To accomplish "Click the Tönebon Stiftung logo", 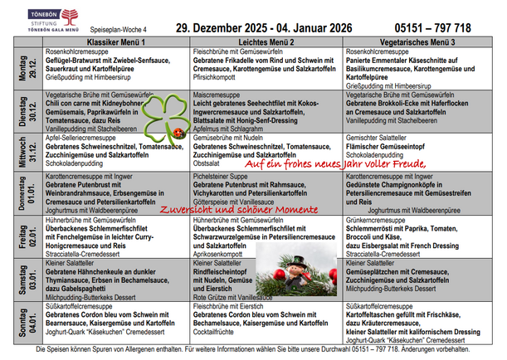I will point(36,18).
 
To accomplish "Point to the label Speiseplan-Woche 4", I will point(110,27).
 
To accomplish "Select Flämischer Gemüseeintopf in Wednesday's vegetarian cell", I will point(389,147).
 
